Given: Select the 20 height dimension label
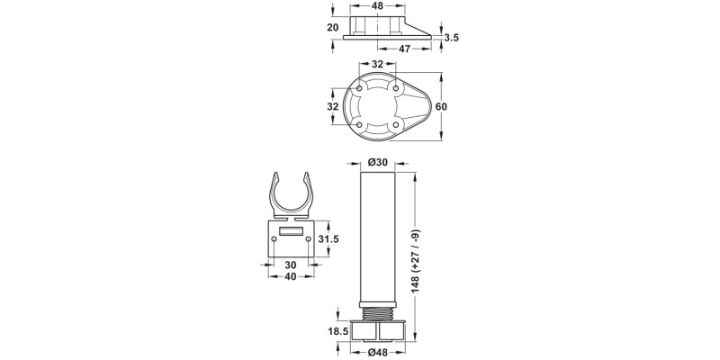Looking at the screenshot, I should pyautogui.click(x=332, y=27).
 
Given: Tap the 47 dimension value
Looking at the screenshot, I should pyautogui.click(x=404, y=49).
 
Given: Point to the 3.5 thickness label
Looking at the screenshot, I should pyautogui.click(x=453, y=37).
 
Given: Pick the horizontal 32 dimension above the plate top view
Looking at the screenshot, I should pyautogui.click(x=377, y=65).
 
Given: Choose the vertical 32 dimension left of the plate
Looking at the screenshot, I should pyautogui.click(x=332, y=106).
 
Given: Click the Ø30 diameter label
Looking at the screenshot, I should pyautogui.click(x=378, y=162).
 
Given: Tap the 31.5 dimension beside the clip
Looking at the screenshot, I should pyautogui.click(x=328, y=238).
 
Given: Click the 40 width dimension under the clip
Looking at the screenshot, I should pyautogui.click(x=291, y=277).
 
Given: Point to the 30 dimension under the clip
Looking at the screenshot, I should pyautogui.click(x=291, y=265).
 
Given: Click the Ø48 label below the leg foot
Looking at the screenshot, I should pyautogui.click(x=377, y=352).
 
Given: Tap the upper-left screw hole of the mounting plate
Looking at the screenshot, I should pyautogui.click(x=361, y=89).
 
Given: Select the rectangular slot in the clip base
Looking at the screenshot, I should pyautogui.click(x=290, y=232).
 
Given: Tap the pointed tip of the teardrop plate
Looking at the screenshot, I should pyautogui.click(x=430, y=106).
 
